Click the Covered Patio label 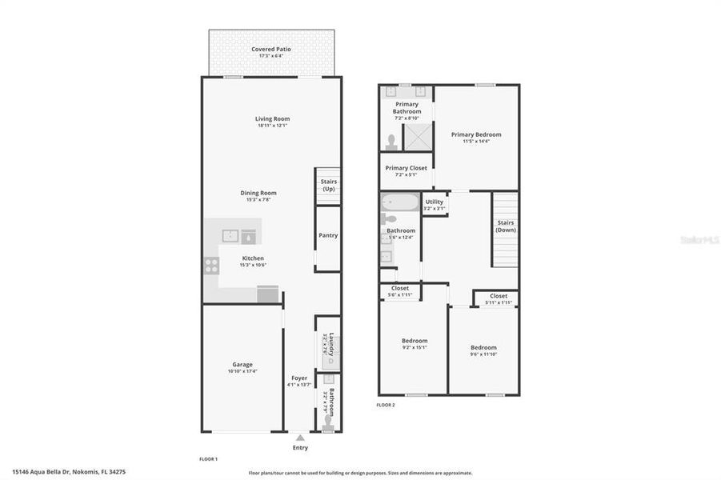(271, 50)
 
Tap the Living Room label (272, 118)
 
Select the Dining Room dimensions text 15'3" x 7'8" (258, 200)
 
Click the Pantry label (328, 235)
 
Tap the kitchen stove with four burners (211, 266)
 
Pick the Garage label (242, 364)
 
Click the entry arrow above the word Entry (299, 438)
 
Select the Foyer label (299, 378)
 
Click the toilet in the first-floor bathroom (328, 424)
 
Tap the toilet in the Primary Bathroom (391, 142)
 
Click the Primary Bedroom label (476, 134)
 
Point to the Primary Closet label (406, 168)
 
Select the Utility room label (435, 202)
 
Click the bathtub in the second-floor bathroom (400, 202)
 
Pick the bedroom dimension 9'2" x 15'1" (414, 347)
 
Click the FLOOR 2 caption (386, 405)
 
